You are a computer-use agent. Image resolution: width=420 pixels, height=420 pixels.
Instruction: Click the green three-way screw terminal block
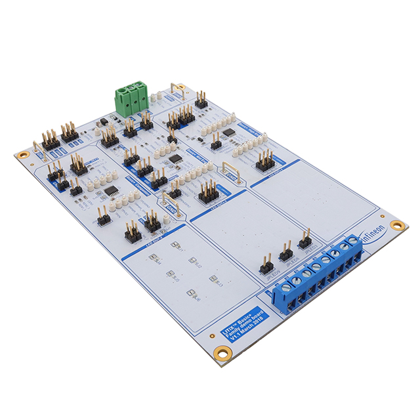[129, 100]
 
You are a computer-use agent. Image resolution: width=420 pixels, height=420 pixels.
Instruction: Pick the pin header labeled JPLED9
[266, 264]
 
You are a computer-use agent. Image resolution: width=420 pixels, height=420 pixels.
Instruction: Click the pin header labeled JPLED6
[285, 252]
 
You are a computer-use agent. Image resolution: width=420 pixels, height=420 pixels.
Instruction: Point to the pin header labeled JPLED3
[304, 240]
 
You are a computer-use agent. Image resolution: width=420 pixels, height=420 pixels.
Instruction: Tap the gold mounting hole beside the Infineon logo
[397, 224]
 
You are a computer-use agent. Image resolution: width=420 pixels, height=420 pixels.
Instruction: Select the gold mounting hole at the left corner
[23, 156]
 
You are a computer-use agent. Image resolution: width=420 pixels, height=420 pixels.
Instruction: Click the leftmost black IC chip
[111, 191]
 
